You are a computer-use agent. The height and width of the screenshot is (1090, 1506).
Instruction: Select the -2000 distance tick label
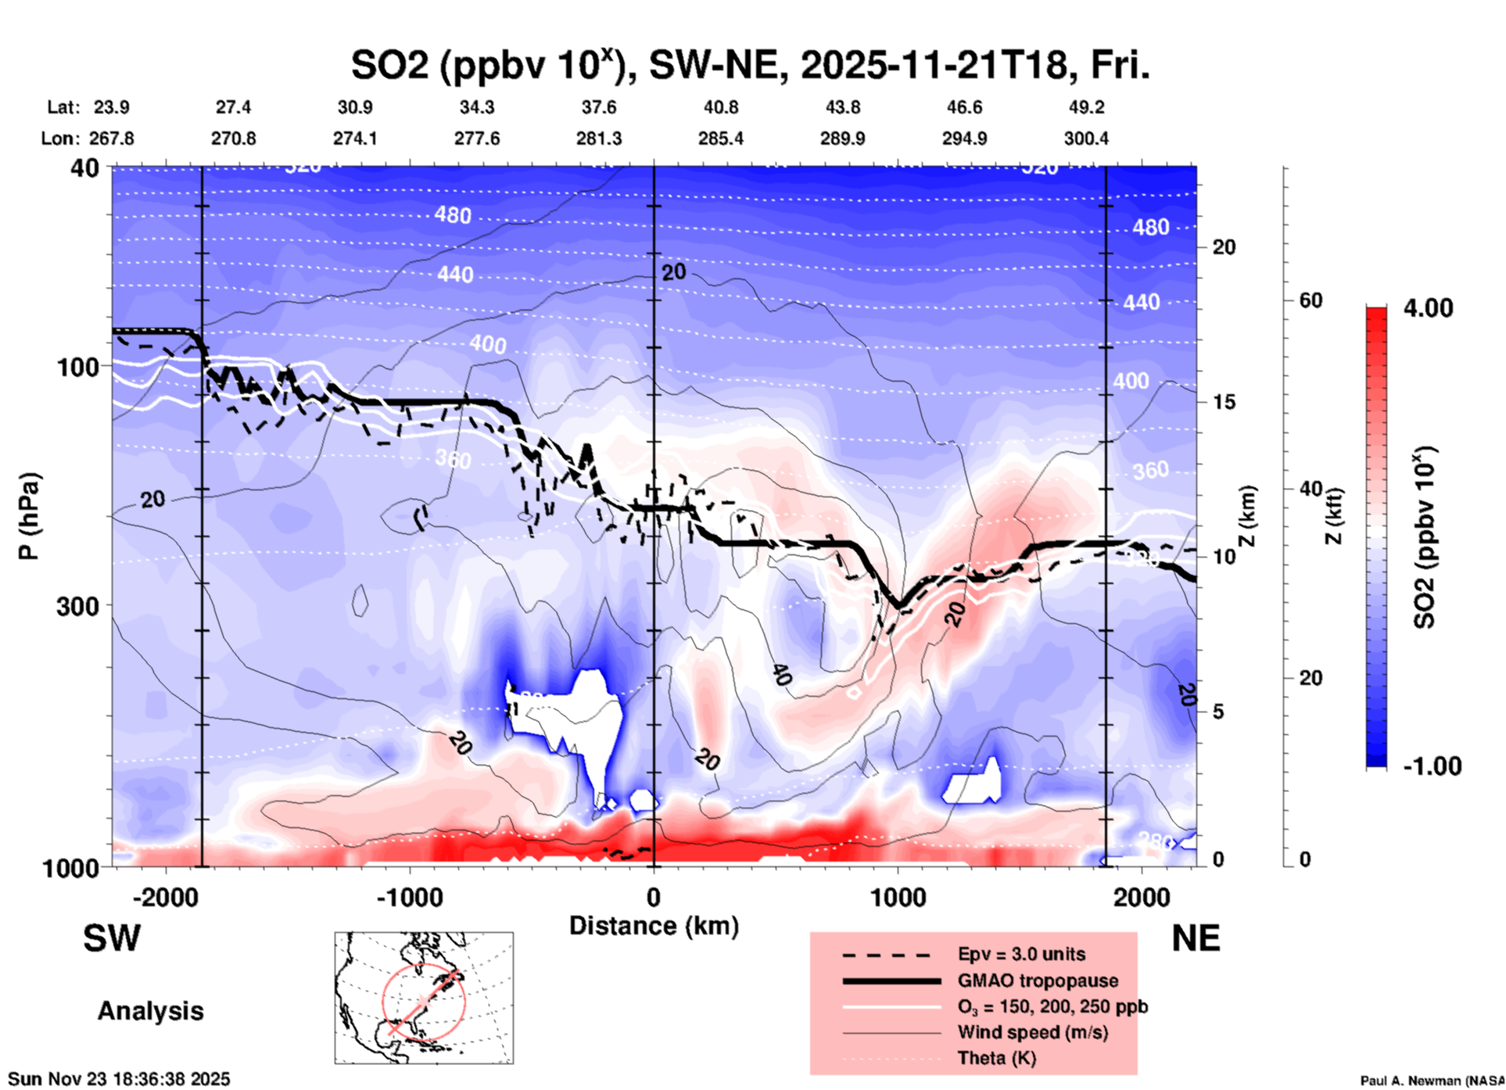(x=165, y=897)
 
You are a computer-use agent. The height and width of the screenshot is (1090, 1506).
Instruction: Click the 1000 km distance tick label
(x=898, y=897)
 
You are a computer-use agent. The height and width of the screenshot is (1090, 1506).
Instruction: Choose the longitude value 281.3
(x=599, y=138)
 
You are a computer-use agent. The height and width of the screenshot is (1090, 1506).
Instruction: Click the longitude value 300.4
(x=1086, y=138)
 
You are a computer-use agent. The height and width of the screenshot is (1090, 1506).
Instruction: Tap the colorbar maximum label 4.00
(x=1428, y=308)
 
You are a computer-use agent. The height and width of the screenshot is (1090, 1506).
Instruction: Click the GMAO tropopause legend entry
(x=1038, y=981)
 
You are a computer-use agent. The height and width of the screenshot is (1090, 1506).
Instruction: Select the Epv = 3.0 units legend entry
(x=1021, y=955)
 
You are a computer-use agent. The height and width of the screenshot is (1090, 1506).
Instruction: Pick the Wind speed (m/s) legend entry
(x=1032, y=1032)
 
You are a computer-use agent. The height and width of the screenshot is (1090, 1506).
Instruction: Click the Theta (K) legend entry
(x=996, y=1058)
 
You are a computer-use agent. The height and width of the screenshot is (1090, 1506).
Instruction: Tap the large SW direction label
(x=112, y=938)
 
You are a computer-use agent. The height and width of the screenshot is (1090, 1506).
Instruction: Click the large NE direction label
(x=1196, y=938)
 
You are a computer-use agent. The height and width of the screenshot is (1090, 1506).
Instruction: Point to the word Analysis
(x=150, y=1011)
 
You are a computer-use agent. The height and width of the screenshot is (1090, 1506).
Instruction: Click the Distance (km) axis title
(x=654, y=926)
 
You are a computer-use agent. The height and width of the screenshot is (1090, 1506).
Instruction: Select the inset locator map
(x=424, y=997)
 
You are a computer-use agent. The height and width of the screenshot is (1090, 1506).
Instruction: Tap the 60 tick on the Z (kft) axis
(x=1311, y=300)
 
